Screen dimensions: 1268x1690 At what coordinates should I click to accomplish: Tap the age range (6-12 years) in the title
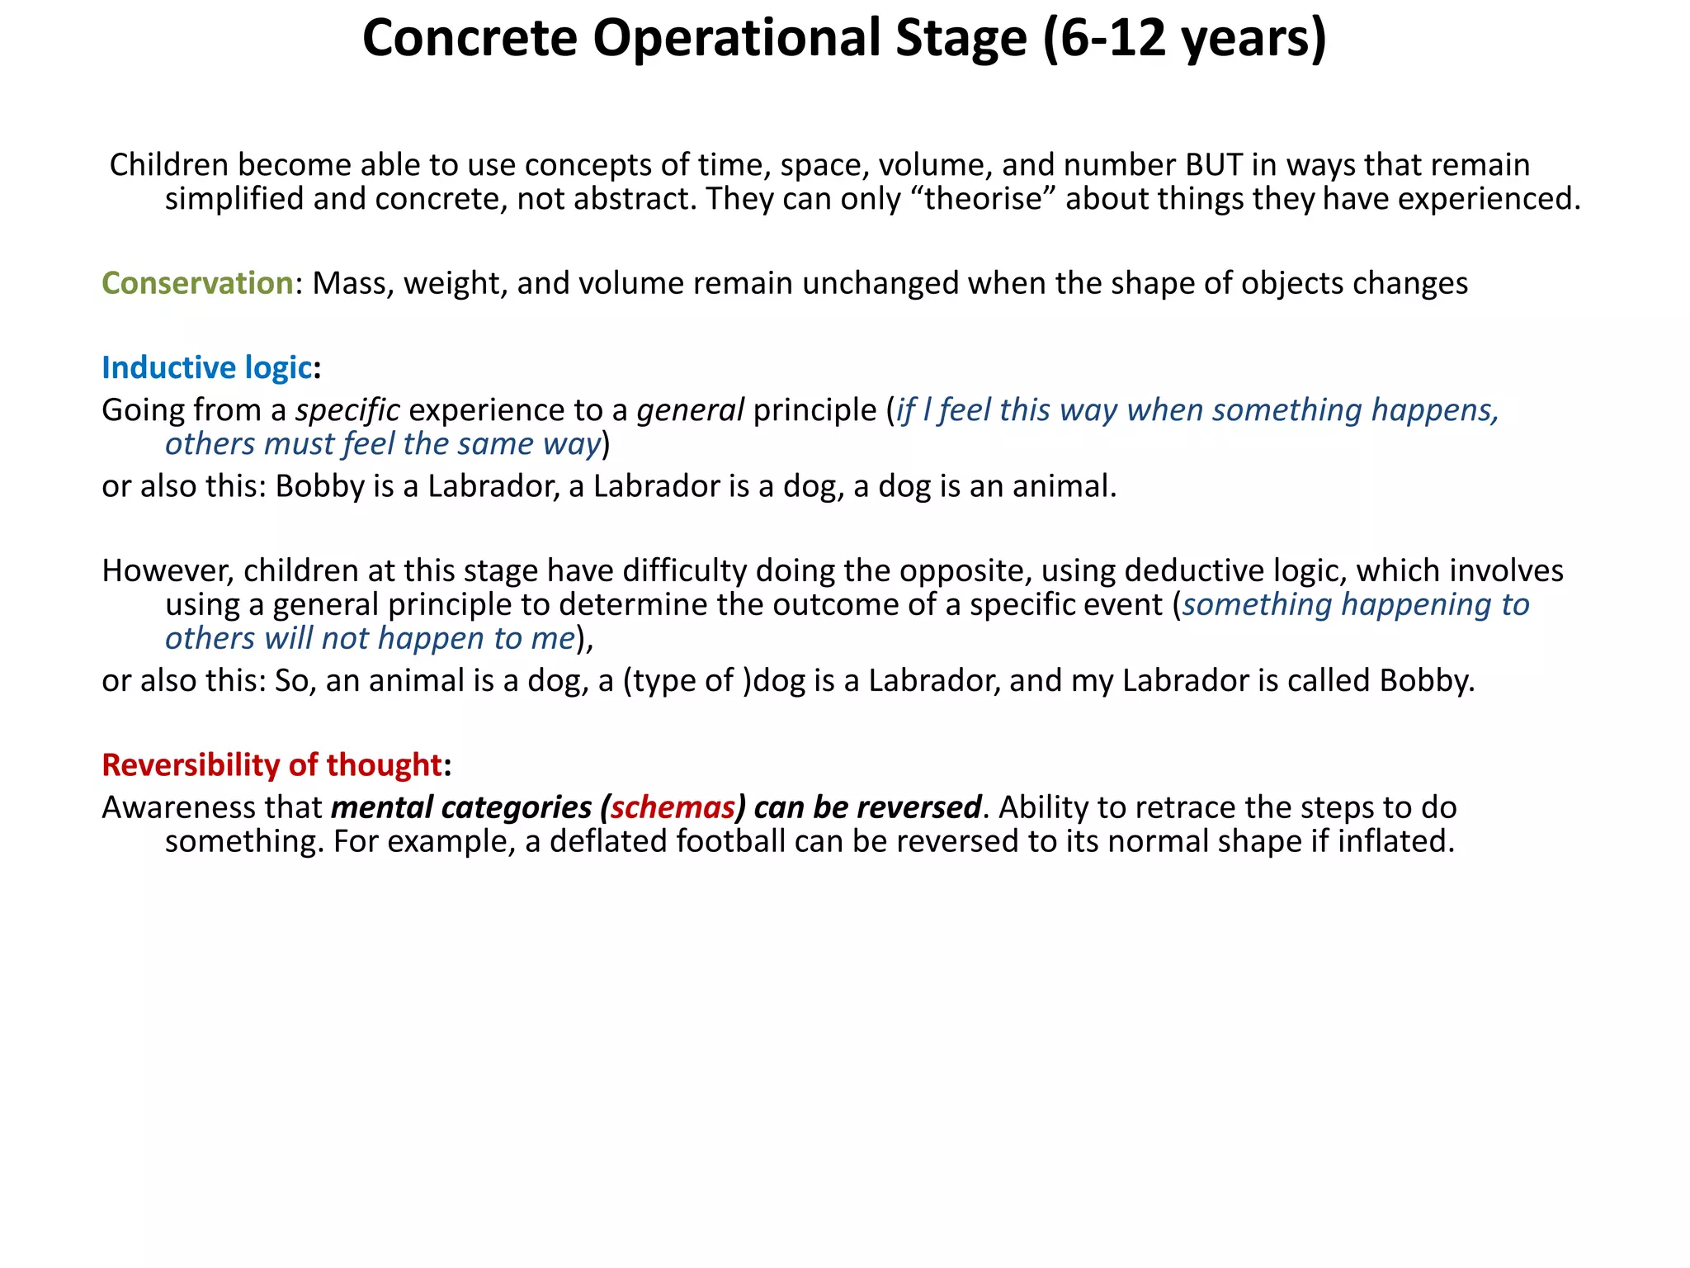point(1183,38)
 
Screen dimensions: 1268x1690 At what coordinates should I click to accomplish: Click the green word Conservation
point(197,283)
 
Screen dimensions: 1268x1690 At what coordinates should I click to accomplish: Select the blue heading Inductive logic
point(206,367)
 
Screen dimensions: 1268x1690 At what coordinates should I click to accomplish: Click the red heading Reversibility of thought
point(271,764)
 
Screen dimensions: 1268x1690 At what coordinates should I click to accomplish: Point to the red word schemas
point(673,807)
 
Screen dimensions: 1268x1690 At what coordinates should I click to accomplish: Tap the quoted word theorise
point(983,199)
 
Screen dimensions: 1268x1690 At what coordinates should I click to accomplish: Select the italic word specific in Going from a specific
point(347,410)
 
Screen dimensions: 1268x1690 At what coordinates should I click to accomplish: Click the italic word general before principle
point(690,410)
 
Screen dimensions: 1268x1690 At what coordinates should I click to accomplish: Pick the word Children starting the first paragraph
point(169,164)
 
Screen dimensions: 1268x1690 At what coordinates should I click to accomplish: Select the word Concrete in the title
point(470,38)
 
